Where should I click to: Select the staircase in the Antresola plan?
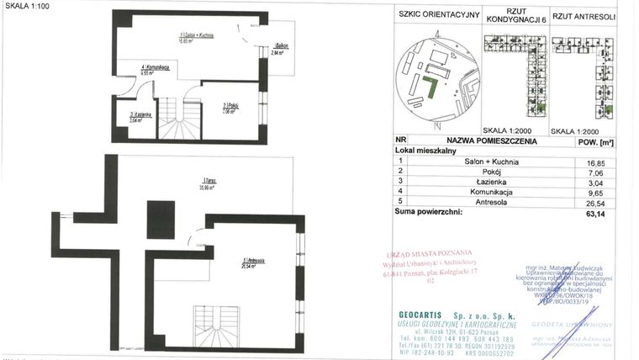coord(225,328)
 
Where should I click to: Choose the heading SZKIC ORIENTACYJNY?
coord(437,14)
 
